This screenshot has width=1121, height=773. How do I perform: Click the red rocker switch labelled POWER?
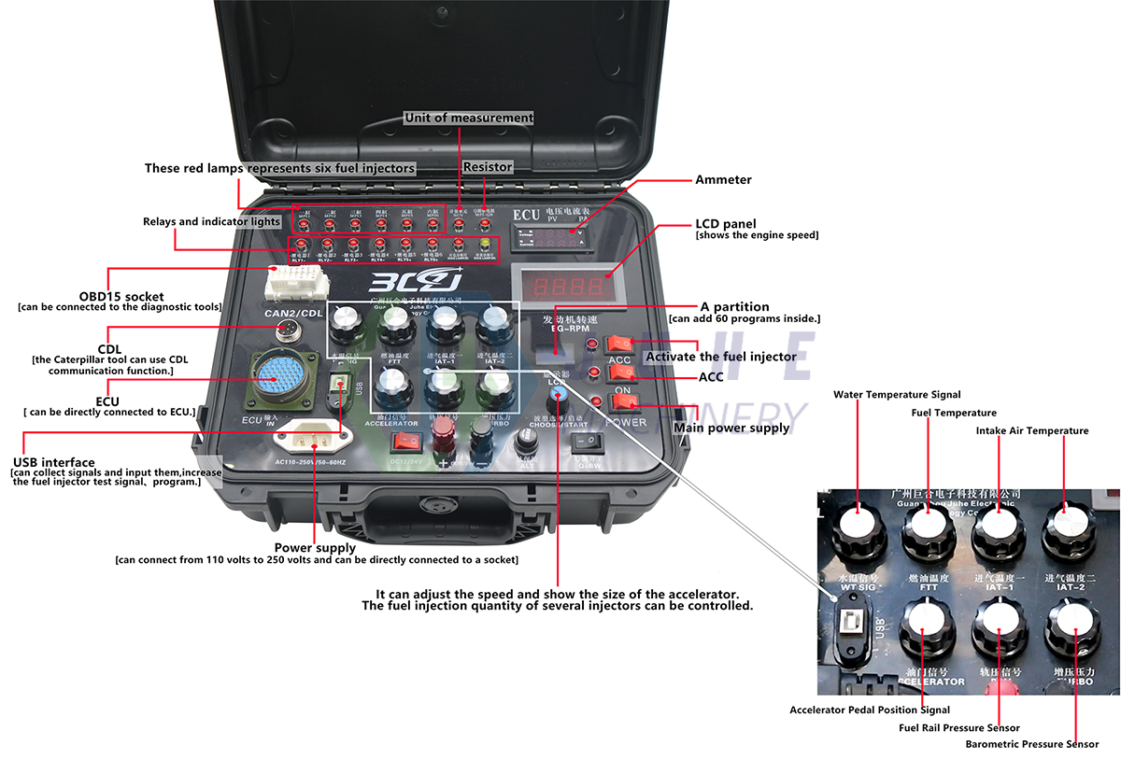pyautogui.click(x=625, y=403)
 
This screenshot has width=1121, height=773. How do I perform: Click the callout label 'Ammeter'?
pyautogui.click(x=723, y=179)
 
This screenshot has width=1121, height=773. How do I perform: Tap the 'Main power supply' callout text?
pyautogui.click(x=731, y=429)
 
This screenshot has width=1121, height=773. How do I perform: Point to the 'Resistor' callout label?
pyautogui.click(x=488, y=167)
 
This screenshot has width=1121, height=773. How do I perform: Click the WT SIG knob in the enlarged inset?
pyautogui.click(x=857, y=528)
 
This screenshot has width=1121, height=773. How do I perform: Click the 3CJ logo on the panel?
pyautogui.click(x=415, y=282)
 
